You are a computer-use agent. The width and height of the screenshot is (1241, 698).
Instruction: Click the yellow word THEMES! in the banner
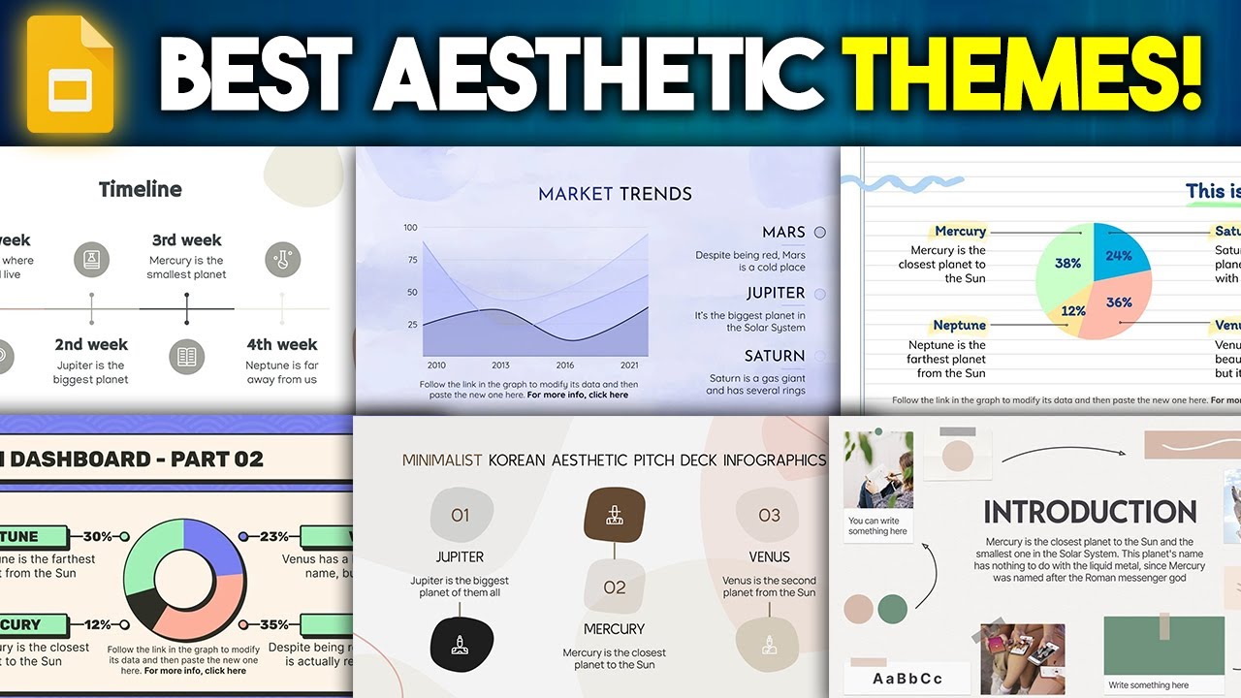pyautogui.click(x=1024, y=75)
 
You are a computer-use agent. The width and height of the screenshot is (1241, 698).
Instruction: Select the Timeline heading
pyautogui.click(x=141, y=189)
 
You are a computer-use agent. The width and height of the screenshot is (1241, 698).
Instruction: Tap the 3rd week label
pyautogui.click(x=186, y=240)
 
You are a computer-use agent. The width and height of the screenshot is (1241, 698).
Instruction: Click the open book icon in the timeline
pyautogui.click(x=186, y=356)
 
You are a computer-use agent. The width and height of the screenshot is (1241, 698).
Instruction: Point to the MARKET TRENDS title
pyautogui.click(x=615, y=194)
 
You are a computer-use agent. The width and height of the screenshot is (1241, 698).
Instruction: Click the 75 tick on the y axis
pyautogui.click(x=411, y=260)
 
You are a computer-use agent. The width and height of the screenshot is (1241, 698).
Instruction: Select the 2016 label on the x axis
pyautogui.click(x=564, y=365)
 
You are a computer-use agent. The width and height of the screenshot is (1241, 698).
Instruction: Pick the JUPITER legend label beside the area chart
pyautogui.click(x=776, y=293)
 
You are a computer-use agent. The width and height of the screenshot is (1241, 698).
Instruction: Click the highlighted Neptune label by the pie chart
pyautogui.click(x=959, y=326)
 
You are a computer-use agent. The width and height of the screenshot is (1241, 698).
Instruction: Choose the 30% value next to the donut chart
pyautogui.click(x=97, y=536)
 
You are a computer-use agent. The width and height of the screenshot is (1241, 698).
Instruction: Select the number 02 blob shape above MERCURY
pyautogui.click(x=615, y=587)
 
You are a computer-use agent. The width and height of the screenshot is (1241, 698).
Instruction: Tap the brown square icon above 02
pyautogui.click(x=614, y=514)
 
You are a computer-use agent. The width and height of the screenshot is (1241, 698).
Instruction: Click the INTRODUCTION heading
pyautogui.click(x=1090, y=512)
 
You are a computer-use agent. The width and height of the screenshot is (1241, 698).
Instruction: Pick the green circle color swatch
pyautogui.click(x=893, y=609)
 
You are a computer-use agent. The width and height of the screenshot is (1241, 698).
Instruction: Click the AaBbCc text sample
pyautogui.click(x=907, y=679)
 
